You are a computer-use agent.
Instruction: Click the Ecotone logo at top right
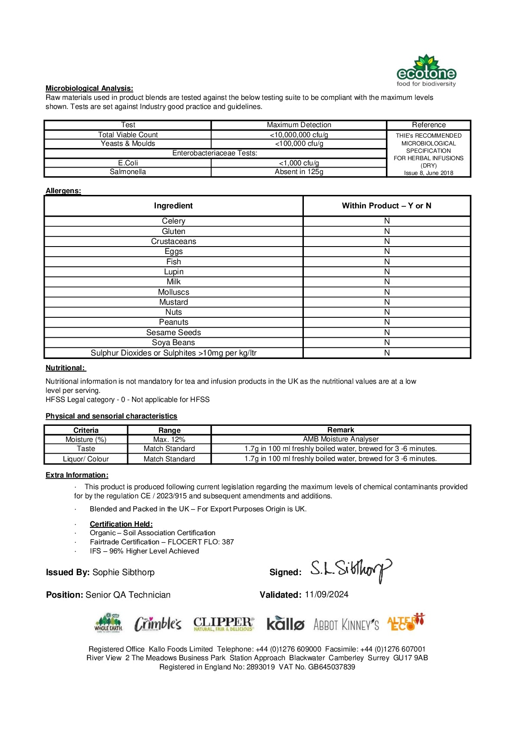426,71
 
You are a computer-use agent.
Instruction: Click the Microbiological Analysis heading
89,88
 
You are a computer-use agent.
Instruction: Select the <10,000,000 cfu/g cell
299,135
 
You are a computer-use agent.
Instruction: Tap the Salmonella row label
128,172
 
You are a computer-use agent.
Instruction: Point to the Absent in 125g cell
299,172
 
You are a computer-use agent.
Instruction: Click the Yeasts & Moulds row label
128,144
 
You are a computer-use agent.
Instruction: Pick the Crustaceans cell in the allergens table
173,241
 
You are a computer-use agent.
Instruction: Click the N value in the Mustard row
387,302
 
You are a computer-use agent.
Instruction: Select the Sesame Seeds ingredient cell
173,333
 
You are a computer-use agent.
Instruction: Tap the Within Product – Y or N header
386,206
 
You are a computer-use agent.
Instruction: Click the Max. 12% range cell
169,439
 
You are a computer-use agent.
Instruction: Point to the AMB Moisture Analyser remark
341,439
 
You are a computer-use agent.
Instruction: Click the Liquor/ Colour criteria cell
86,459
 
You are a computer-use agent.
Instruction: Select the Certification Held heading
121,524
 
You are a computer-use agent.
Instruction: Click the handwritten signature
351,570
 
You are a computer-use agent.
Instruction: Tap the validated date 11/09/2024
326,594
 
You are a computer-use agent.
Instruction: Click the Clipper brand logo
224,624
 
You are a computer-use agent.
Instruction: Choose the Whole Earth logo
109,623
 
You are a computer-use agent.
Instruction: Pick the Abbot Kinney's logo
346,625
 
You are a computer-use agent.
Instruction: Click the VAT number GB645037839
331,667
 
